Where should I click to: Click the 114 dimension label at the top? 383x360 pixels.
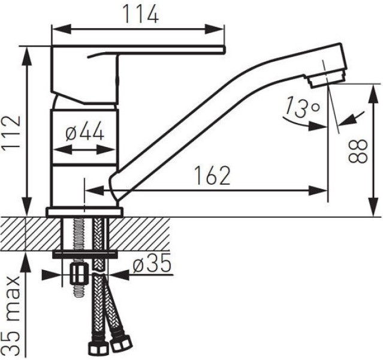(141, 14)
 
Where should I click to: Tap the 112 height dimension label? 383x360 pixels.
(11, 132)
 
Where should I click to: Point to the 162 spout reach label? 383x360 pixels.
(212, 175)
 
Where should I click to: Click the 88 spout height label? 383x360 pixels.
(358, 151)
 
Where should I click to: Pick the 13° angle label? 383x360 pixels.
(302, 107)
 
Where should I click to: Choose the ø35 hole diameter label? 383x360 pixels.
(152, 263)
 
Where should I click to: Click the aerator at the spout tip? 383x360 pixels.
(328, 78)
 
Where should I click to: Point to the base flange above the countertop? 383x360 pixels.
(85, 212)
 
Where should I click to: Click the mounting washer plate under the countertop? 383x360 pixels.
(85, 254)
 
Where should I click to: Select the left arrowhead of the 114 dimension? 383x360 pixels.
(61, 29)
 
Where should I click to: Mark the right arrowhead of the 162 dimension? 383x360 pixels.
(318, 191)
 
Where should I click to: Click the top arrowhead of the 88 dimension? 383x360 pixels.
(373, 94)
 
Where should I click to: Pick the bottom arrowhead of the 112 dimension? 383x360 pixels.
(27, 206)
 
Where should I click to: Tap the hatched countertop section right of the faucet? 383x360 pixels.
(139, 233)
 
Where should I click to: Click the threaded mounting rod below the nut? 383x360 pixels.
(78, 290)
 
